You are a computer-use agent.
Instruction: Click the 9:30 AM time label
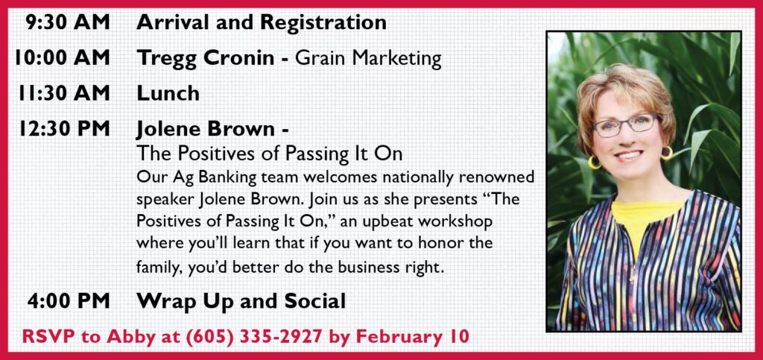[x=68, y=22]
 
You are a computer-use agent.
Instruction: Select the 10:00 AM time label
[x=63, y=58]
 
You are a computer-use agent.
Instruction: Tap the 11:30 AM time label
[x=64, y=93]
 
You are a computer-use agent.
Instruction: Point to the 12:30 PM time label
[x=65, y=129]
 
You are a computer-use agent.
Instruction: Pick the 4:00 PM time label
[x=69, y=300]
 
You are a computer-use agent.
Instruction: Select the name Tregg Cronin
[x=206, y=59]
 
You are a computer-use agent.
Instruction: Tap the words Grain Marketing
[x=368, y=59]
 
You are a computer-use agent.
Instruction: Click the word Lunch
[x=168, y=93]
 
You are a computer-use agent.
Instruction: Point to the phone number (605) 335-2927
[x=264, y=337]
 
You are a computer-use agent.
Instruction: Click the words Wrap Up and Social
[x=241, y=301]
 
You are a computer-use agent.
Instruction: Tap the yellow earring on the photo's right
[x=667, y=153]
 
